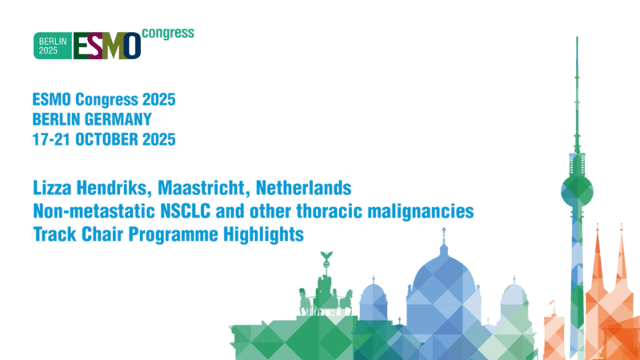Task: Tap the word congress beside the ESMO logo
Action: [167, 34]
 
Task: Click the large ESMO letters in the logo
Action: [106, 46]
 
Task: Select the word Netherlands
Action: [306, 189]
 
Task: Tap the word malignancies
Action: [422, 213]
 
